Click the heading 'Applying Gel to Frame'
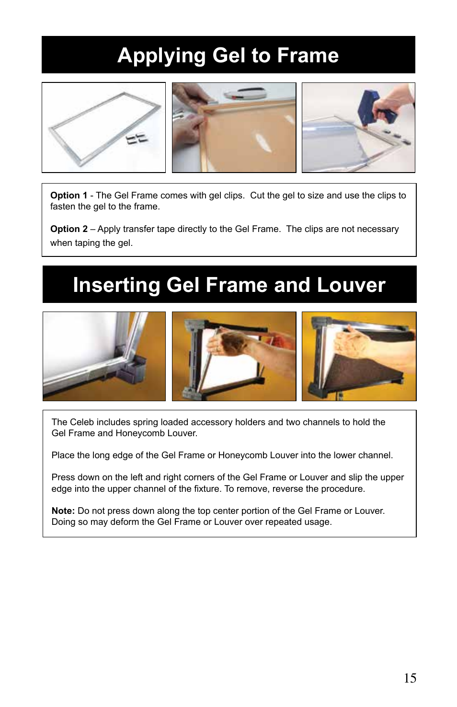[228, 56]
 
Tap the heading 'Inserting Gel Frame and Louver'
[229, 285]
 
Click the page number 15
[410, 678]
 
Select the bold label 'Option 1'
[69, 196]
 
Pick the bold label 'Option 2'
[69, 229]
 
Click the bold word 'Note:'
[63, 511]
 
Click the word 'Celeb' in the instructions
[82, 422]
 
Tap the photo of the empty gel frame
[103, 127]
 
